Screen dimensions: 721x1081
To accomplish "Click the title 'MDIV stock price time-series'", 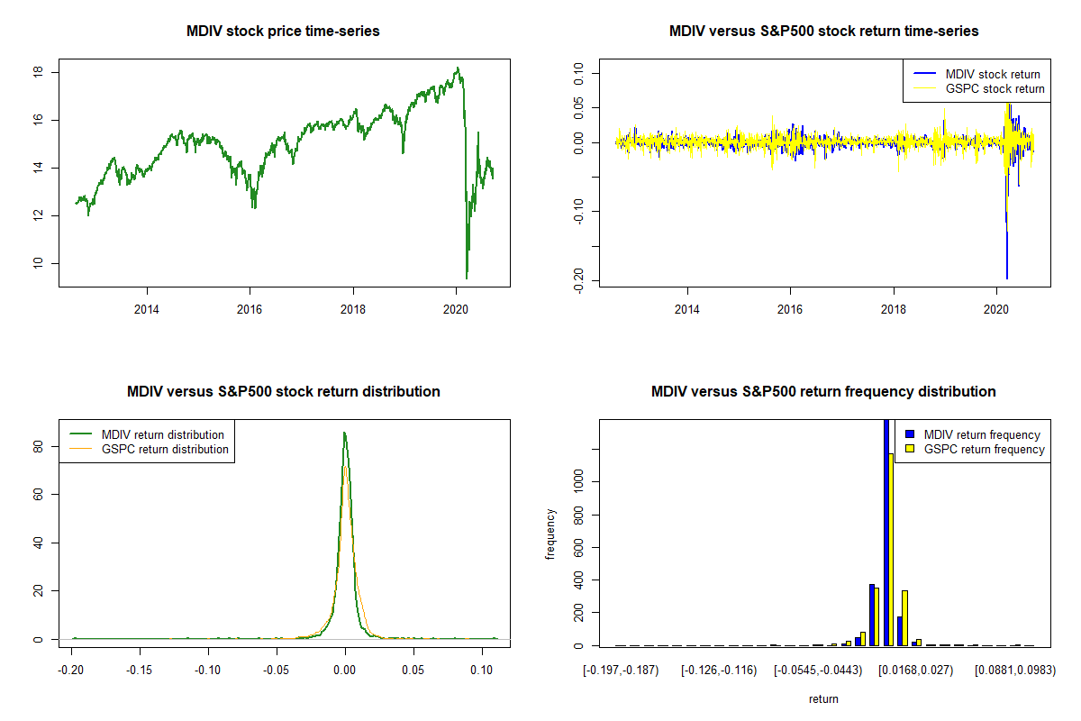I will pos(283,32).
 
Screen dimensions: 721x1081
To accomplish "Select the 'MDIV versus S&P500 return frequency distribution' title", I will pos(823,392).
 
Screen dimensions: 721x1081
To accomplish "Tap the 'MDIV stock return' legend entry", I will pos(992,75).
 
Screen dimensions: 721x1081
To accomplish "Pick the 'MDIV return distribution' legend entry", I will pos(163,435).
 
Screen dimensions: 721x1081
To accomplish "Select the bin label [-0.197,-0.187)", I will pos(621,671).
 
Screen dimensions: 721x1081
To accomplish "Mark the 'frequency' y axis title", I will pos(550,534).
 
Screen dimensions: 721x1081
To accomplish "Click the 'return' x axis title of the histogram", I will pos(823,698).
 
